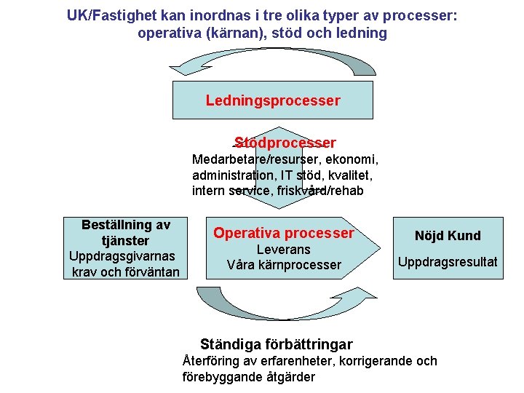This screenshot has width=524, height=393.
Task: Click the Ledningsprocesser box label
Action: [272, 100]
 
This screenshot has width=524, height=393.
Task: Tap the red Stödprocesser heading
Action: [285, 143]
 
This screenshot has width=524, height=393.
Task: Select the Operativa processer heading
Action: [283, 233]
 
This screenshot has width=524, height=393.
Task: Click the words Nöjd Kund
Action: [448, 235]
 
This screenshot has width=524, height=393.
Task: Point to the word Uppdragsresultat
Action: [448, 261]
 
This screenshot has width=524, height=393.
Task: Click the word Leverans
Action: [283, 250]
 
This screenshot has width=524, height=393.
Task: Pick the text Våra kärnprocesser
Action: [283, 265]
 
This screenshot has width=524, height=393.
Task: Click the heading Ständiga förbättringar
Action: [276, 344]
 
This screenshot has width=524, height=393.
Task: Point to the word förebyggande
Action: [218, 377]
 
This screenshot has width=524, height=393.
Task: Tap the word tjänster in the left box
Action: [126, 240]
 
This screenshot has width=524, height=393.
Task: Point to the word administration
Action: [231, 175]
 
